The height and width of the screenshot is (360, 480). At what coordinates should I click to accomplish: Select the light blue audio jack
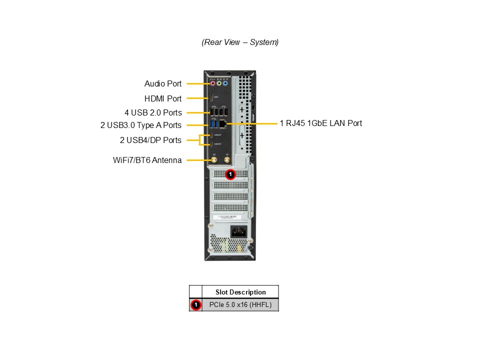click(225, 83)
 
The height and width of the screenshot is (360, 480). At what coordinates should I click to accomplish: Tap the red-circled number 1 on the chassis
click(230, 174)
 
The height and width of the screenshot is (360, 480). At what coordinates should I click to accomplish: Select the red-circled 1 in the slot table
click(195, 304)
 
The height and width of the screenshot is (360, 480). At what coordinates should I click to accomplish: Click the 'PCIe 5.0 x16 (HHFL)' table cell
click(240, 304)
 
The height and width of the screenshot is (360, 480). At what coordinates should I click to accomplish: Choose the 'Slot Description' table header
click(240, 292)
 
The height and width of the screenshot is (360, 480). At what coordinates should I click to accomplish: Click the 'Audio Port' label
click(163, 84)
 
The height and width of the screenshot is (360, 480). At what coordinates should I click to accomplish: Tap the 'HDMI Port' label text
click(163, 98)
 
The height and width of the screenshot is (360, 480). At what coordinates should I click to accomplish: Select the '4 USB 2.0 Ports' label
click(153, 112)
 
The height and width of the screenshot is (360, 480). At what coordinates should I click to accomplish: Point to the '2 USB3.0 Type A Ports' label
click(141, 125)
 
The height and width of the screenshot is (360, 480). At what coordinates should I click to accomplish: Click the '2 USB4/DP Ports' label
click(150, 140)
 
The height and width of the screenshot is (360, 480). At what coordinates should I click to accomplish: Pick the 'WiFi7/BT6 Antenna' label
click(147, 160)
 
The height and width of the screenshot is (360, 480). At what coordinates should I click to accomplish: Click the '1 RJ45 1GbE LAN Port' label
click(321, 123)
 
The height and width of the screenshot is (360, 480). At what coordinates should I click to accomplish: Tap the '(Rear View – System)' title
click(240, 42)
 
